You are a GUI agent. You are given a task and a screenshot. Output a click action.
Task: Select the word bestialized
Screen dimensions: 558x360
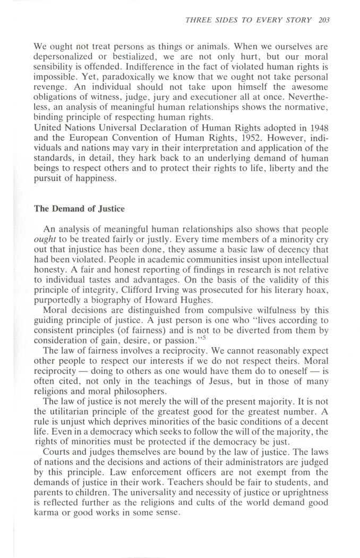coord(122,56)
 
